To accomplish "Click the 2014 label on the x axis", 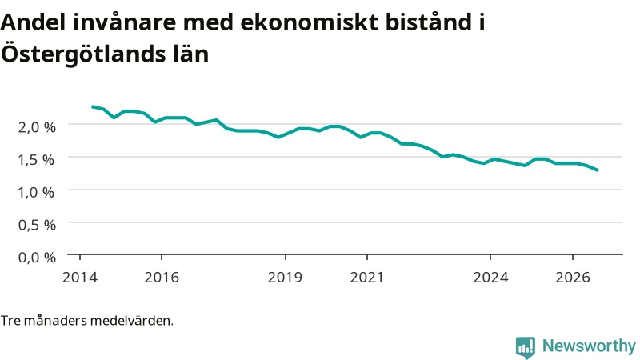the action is (x=80, y=277).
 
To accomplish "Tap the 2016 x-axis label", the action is (x=162, y=277).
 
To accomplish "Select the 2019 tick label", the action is (x=285, y=277).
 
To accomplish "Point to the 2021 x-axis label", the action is (x=367, y=277).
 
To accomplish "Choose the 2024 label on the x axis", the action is (x=490, y=277).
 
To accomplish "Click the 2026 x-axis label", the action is (x=573, y=277).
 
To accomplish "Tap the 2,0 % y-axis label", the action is (x=37, y=127).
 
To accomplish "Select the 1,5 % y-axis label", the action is (x=36, y=159).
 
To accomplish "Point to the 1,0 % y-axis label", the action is (x=36, y=192).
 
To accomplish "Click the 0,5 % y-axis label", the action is (x=37, y=225).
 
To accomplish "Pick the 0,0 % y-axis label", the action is (x=37, y=258).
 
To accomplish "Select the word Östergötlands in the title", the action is (x=83, y=54).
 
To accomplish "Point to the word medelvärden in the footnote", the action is (x=131, y=321).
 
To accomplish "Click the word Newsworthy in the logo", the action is (x=589, y=346).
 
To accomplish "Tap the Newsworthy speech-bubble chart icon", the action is (x=526, y=347).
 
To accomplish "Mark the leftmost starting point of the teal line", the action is (x=92, y=106).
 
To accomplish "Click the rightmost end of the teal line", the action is (x=598, y=170).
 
